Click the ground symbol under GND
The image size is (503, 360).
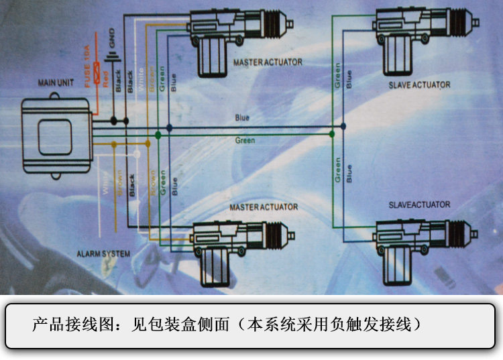(113, 54)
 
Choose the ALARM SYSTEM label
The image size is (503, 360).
(103, 254)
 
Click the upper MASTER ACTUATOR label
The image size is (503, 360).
(268, 62)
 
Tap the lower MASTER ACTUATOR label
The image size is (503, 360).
(264, 207)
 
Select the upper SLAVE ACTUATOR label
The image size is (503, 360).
(419, 85)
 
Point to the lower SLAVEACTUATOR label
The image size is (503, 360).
(419, 204)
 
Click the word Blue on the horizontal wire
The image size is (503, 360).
(242, 118)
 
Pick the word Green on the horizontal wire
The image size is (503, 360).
(245, 141)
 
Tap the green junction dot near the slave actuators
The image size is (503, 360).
(333, 135)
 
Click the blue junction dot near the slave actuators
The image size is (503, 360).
(343, 126)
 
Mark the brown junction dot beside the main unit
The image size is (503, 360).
(113, 144)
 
